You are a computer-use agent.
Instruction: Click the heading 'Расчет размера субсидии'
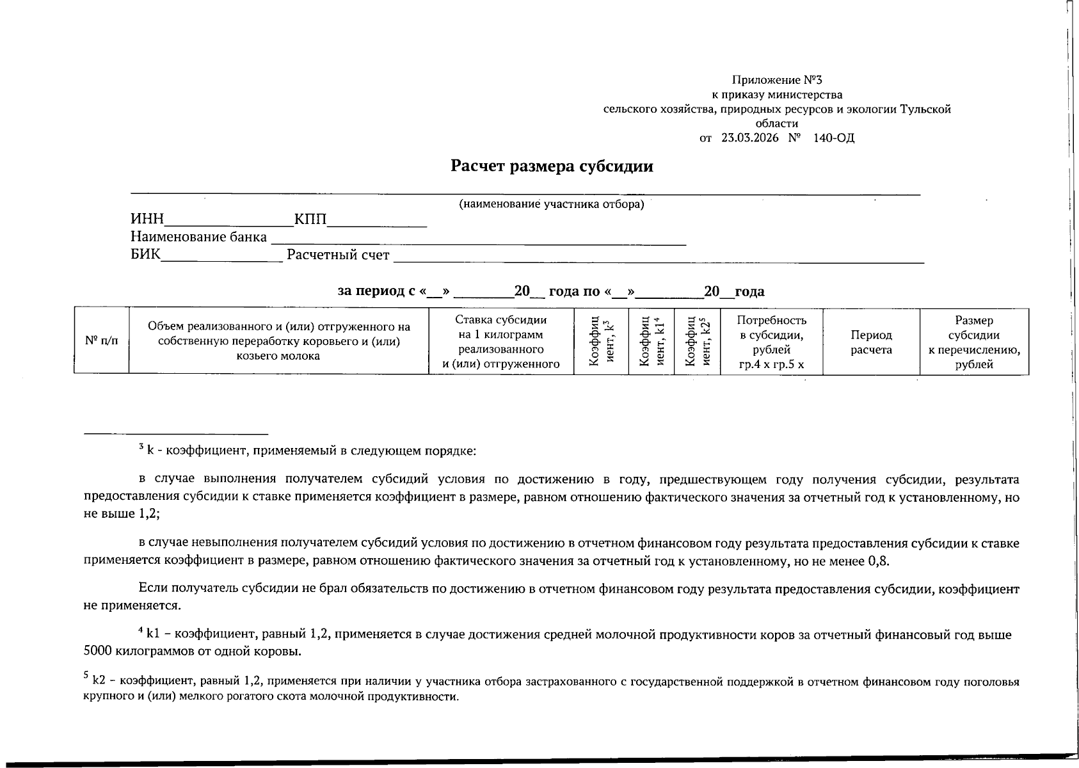coord(552,166)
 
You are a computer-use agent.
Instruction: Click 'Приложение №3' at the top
coord(776,80)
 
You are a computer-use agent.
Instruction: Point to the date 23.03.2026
coord(749,138)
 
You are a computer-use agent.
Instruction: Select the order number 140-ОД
coord(833,138)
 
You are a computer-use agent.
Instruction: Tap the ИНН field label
coord(147,220)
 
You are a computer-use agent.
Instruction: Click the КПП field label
coord(310,220)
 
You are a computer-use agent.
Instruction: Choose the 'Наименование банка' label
coord(198,237)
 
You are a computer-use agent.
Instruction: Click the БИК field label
coord(145,255)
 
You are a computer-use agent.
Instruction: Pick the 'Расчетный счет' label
coord(338,255)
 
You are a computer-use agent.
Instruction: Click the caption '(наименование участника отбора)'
coord(551,205)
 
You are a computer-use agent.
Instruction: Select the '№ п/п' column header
coord(101,341)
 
